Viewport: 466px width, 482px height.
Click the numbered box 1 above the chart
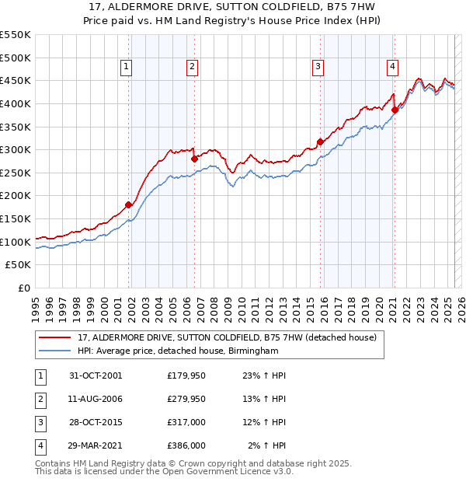pos(126,68)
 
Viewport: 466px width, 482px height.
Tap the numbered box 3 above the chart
pos(318,68)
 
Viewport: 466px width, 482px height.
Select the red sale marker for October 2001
pos(129,205)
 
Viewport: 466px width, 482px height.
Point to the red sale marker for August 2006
pos(194,159)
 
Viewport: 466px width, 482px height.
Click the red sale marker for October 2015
pos(320,141)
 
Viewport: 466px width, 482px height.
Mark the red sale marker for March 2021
pos(395,110)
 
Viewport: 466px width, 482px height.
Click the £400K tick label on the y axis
pos(16,103)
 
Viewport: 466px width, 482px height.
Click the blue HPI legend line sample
pos(55,351)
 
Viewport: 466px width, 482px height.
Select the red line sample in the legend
pos(55,338)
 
